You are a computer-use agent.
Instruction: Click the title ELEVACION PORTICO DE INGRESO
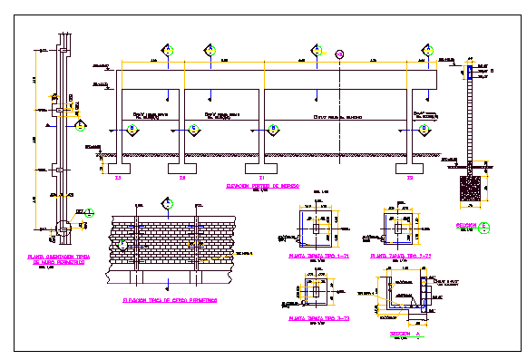pyautogui.click(x=264, y=185)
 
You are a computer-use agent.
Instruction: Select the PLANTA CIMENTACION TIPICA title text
pyautogui.click(x=62, y=257)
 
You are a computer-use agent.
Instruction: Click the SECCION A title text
pyautogui.click(x=406, y=334)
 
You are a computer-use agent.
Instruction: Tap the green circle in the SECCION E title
pyautogui.click(x=483, y=224)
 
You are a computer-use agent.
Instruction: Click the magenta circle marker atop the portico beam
pyautogui.click(x=339, y=54)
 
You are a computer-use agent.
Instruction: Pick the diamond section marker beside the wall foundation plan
pyautogui.click(x=81, y=124)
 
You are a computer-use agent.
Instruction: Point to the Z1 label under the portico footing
pyautogui.click(x=261, y=178)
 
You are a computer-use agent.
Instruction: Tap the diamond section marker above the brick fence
pyautogui.click(x=168, y=203)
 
